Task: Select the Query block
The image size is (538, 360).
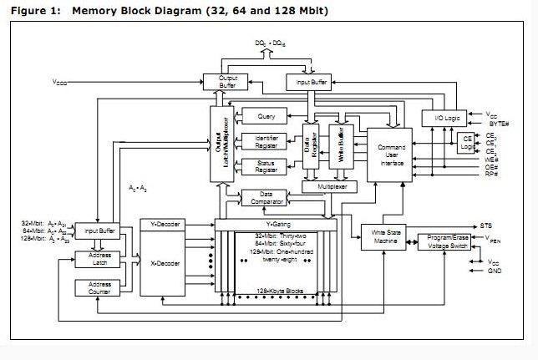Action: pos(266,117)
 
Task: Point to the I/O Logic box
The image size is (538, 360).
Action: pos(440,118)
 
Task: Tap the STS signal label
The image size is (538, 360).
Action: pos(486,226)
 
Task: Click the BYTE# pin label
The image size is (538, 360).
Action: pos(498,122)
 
